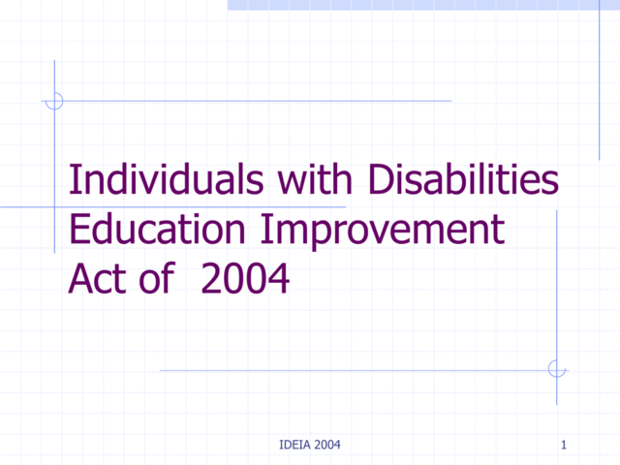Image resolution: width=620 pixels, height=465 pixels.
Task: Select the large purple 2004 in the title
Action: (x=245, y=280)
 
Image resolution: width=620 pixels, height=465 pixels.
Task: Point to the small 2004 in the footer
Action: (x=325, y=445)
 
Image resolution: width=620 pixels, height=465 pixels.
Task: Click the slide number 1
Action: (x=563, y=445)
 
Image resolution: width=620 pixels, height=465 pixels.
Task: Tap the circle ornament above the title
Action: (x=54, y=100)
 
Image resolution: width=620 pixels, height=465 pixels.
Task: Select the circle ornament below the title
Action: (x=556, y=369)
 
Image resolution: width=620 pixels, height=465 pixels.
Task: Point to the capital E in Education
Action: (x=80, y=232)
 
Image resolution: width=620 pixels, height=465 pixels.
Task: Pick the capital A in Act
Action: (x=79, y=280)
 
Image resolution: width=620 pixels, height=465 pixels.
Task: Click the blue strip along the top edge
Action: (x=423, y=5)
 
